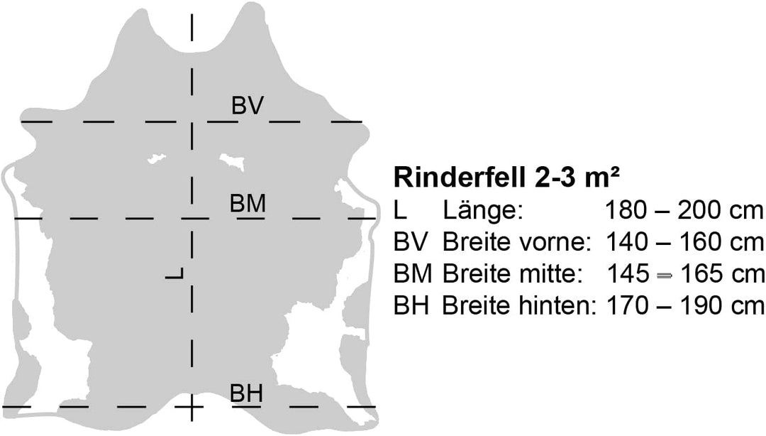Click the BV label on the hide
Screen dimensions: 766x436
248,105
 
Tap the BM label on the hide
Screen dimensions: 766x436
248,203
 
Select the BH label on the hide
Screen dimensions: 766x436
247,393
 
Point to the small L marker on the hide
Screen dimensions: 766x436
174,273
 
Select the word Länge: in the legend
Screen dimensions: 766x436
483,210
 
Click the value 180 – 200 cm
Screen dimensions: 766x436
684,210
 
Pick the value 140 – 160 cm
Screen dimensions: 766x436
684,242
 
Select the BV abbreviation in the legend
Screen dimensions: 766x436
411,242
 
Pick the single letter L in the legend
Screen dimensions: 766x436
400,210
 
